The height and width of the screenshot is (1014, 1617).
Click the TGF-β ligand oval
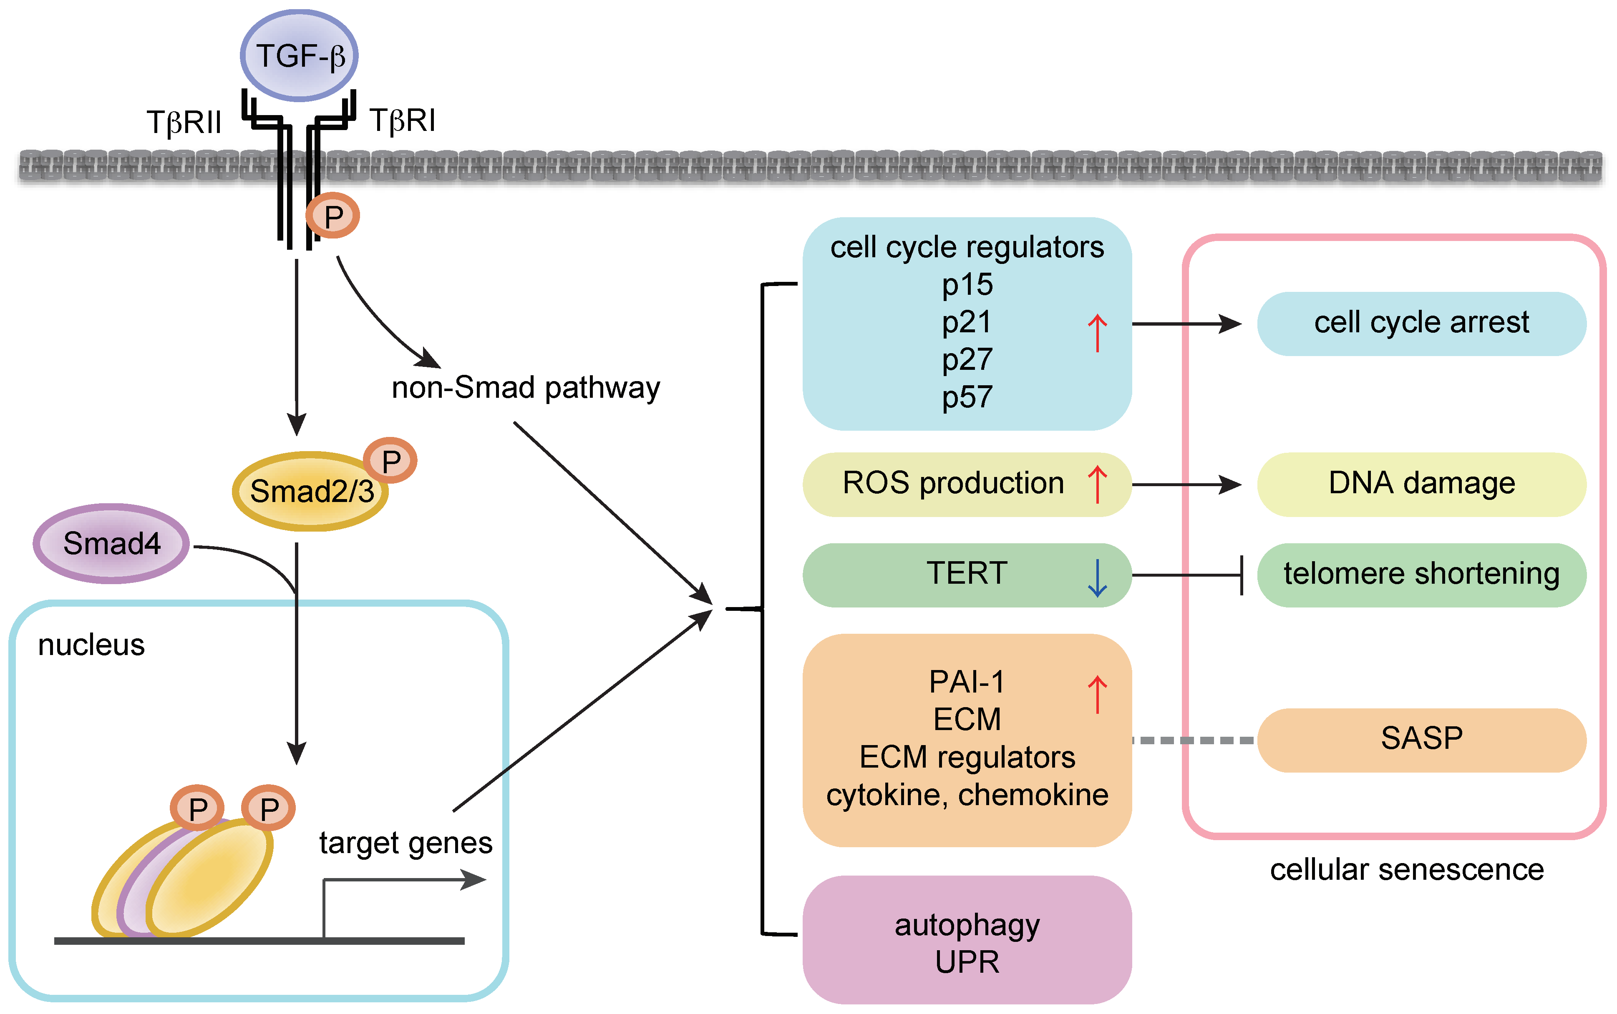(x=299, y=56)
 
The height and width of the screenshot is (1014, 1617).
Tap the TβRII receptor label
(x=184, y=123)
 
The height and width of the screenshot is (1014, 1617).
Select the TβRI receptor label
(x=403, y=121)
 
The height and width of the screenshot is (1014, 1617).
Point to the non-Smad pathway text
(x=525, y=388)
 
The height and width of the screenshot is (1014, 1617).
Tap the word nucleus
(x=91, y=645)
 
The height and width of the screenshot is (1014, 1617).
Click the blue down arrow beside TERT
(x=1097, y=578)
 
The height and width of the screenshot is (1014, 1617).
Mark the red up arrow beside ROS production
(x=1097, y=484)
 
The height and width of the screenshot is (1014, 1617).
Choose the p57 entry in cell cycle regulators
(x=967, y=397)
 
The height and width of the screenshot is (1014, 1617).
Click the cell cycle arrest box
(x=1421, y=323)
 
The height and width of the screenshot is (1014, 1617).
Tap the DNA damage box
(x=1421, y=484)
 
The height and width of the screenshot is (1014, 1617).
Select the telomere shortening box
(x=1421, y=575)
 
